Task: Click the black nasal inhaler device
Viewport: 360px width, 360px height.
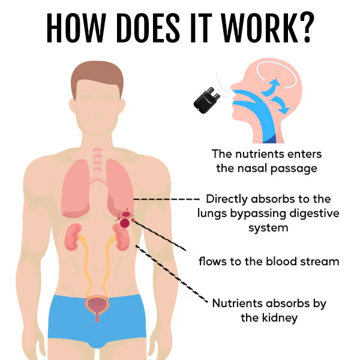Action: [x=206, y=101]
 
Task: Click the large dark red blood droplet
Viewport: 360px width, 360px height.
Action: [x=125, y=223]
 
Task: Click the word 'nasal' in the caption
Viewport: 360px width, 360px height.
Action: [x=252, y=168]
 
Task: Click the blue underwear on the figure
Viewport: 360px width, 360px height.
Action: [x=98, y=322]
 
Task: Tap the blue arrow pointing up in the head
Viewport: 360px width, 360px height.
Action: [x=271, y=88]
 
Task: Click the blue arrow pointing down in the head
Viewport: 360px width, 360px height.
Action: [x=280, y=105]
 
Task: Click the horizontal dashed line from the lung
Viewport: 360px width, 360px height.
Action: [x=166, y=199]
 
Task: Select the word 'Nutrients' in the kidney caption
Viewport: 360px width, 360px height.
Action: [x=237, y=303]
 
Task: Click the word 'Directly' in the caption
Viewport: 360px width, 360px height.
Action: [x=227, y=199]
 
